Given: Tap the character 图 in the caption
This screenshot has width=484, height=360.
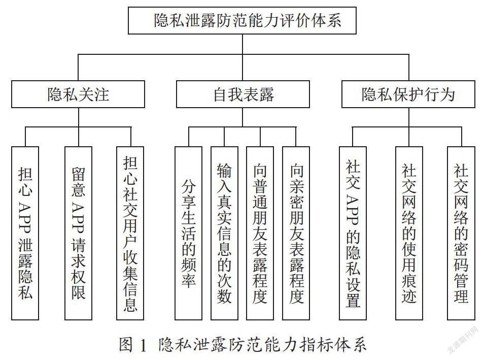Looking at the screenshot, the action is [x=126, y=344].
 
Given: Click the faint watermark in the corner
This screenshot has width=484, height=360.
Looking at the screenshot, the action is [x=463, y=340].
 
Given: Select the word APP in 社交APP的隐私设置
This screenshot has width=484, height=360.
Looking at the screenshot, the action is [x=353, y=210].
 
